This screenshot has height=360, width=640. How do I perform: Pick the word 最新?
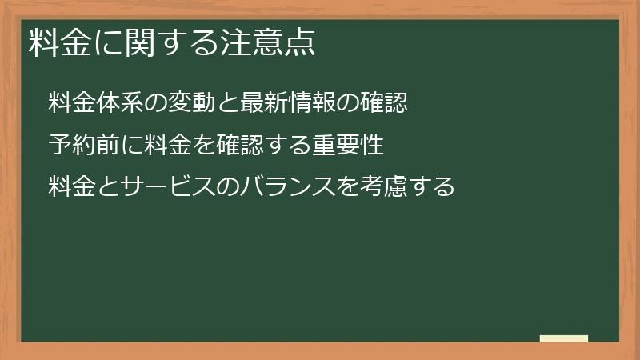point(249,102)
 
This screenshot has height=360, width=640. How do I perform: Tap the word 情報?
point(295,102)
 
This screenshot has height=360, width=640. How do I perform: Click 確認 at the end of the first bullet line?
point(386,102)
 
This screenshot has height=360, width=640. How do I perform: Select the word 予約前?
point(83,145)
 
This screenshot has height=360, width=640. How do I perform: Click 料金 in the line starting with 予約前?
point(165,145)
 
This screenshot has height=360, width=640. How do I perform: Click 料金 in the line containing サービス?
point(71,186)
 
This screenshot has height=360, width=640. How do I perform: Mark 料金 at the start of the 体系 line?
point(71,102)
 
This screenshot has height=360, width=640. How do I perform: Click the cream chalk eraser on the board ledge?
point(564,338)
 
